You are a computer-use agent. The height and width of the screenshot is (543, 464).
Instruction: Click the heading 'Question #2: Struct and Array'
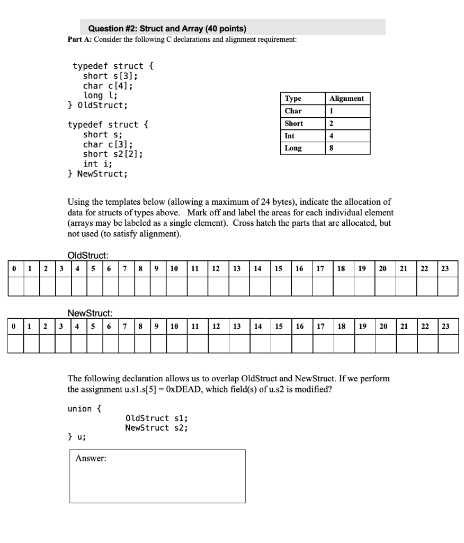[x=167, y=28]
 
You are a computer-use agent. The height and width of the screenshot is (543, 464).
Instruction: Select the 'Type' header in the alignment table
[x=293, y=98]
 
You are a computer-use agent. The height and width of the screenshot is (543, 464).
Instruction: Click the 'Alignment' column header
[x=346, y=98]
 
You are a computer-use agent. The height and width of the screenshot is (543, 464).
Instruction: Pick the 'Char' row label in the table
[x=293, y=111]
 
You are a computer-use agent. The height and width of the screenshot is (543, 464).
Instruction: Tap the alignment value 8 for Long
[x=332, y=148]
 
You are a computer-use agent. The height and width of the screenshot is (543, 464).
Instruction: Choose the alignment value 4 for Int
[x=332, y=136]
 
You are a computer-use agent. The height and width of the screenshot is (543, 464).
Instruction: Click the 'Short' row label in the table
[x=294, y=123]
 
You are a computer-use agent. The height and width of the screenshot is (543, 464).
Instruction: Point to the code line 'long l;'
[x=100, y=95]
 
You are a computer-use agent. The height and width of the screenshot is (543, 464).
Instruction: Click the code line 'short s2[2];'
[x=112, y=154]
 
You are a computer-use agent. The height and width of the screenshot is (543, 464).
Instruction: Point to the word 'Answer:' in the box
[x=91, y=459]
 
